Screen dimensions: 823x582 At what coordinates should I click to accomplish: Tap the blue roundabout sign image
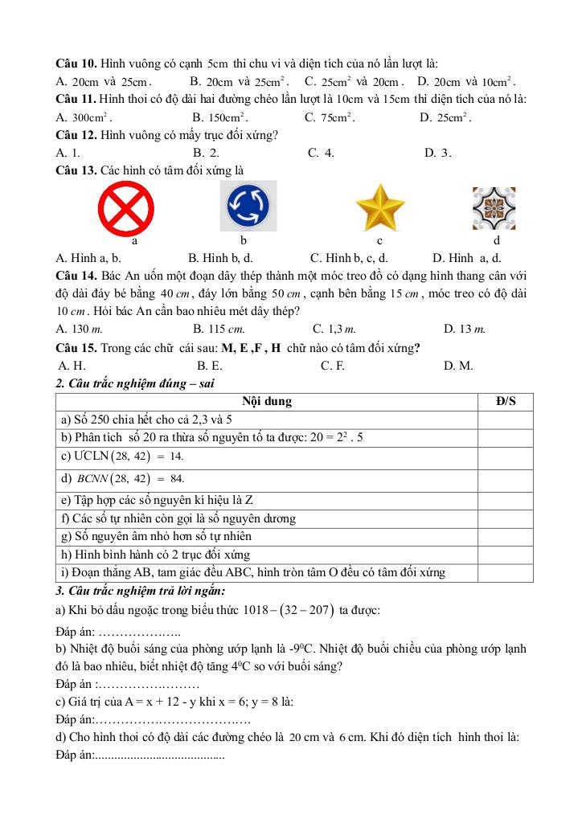click(x=248, y=207)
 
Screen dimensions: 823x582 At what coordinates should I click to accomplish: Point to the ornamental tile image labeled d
click(x=493, y=207)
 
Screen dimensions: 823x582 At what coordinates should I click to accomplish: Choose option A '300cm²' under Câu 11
click(x=78, y=117)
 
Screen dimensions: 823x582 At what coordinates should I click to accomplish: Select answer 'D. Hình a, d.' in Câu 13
click(x=466, y=258)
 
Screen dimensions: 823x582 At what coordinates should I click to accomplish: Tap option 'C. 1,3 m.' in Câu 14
click(x=334, y=328)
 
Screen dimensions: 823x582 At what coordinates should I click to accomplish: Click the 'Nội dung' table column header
click(x=267, y=401)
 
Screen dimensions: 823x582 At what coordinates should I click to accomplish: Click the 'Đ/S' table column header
click(x=506, y=401)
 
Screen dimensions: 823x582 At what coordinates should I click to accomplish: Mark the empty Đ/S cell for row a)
click(x=506, y=420)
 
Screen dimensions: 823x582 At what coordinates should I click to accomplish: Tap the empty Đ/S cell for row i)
click(x=506, y=572)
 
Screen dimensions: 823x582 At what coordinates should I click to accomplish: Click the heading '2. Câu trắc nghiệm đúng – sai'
click(x=135, y=383)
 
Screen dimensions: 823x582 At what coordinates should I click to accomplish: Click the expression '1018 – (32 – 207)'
click(x=286, y=610)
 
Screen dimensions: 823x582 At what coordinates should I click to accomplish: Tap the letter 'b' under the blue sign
click(x=243, y=240)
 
